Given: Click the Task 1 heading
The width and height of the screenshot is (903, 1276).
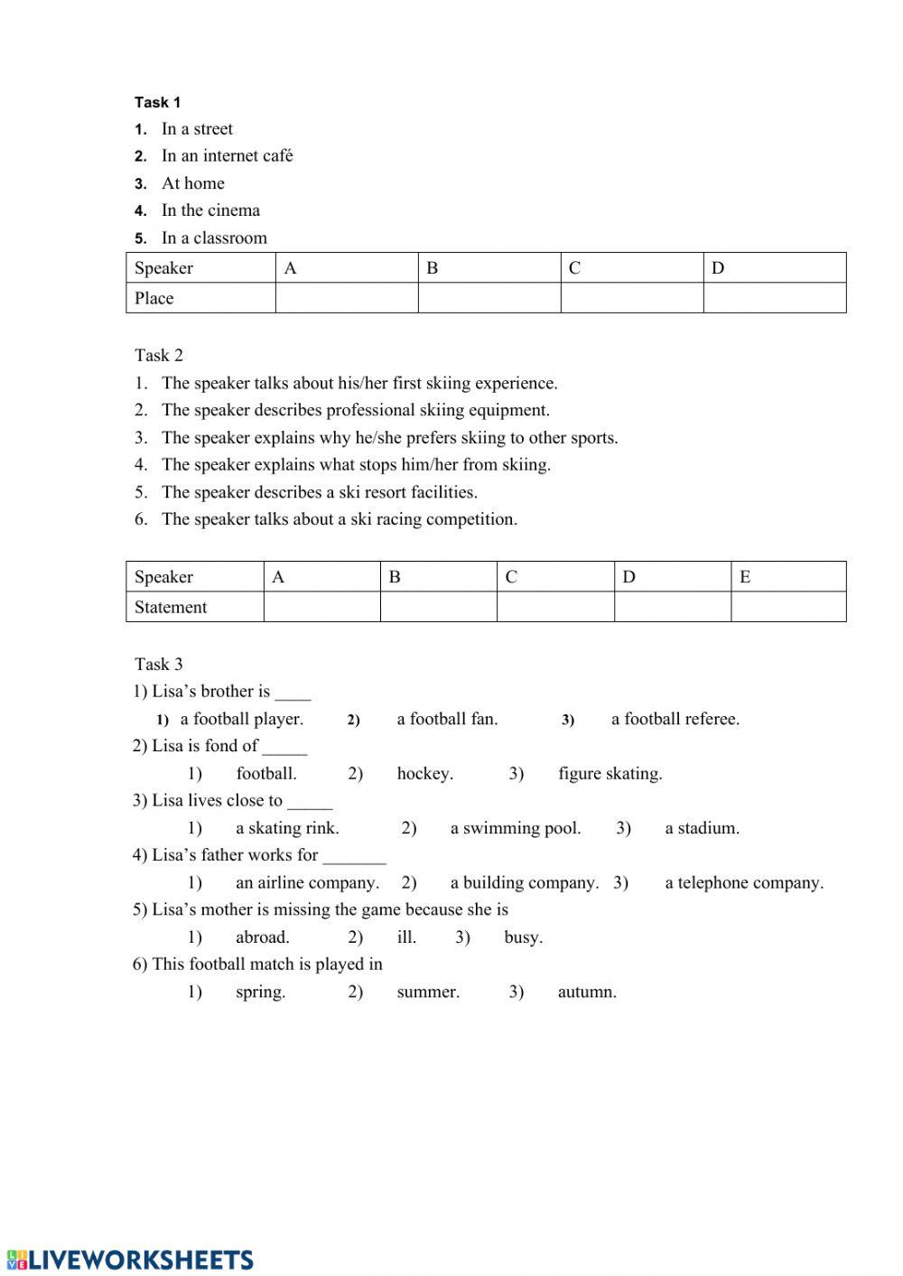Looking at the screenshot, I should point(157,102).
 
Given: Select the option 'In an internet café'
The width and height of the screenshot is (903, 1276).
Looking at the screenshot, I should point(227,155).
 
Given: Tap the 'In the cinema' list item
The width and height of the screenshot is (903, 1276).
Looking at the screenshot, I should point(210,210).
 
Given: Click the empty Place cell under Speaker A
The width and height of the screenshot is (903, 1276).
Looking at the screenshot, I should point(346,298).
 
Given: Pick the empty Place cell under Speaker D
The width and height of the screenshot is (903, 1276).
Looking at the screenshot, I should point(774,298).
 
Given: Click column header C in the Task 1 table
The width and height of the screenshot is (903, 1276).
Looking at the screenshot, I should point(574,268).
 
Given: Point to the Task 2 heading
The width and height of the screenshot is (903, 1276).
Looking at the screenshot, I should point(159,355).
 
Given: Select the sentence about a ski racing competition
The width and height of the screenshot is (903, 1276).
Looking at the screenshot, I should point(339,519).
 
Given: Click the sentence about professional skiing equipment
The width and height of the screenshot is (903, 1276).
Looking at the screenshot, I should point(355,410).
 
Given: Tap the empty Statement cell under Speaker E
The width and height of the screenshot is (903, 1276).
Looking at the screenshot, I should point(787,607).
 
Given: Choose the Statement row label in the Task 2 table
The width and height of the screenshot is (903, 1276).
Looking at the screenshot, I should point(171,607).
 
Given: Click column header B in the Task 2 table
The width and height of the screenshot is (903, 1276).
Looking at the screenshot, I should point(395,577).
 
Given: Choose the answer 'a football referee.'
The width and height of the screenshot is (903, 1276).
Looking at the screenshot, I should point(675,719).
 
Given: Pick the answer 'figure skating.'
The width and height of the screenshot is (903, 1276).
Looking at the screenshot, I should point(610,773).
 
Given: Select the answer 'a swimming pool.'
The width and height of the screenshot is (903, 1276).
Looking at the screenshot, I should point(515,828).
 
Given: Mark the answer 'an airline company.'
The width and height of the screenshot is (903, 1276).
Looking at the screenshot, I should point(307,882).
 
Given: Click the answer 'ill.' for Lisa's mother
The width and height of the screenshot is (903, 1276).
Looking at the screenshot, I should point(406,937).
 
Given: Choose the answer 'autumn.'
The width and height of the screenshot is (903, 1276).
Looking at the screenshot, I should point(587,992).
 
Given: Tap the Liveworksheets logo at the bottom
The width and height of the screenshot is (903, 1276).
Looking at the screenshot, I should point(130,1260).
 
